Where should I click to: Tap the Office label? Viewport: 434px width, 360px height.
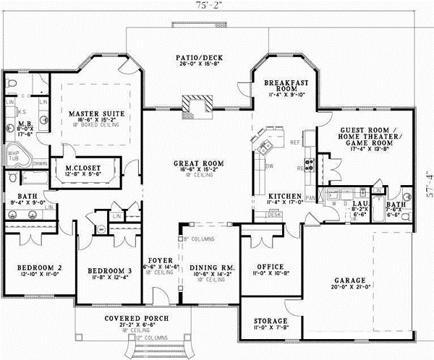[270, 267]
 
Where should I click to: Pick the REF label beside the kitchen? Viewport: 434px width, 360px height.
[294, 142]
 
